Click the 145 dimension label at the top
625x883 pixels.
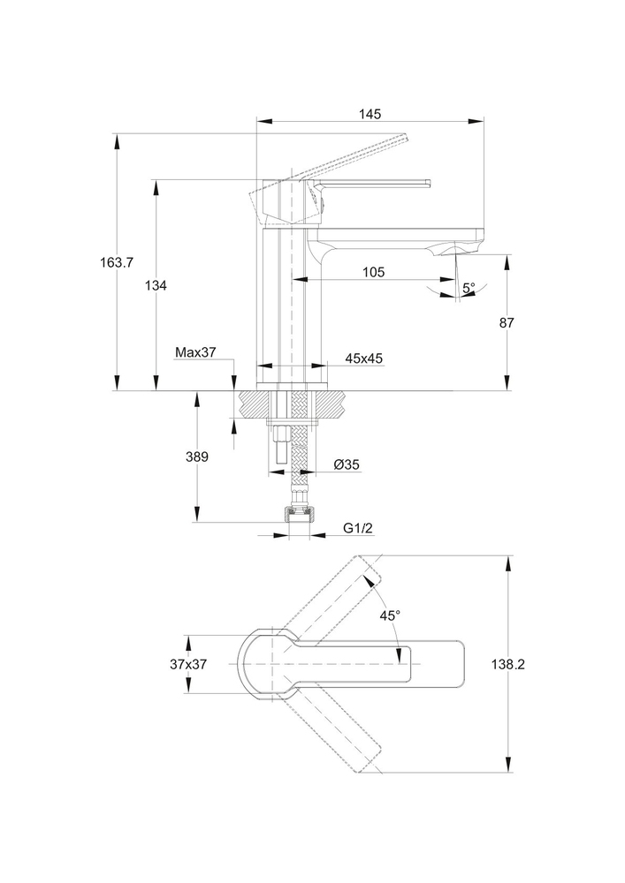[x=370, y=113]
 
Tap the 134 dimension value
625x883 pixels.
[x=156, y=285]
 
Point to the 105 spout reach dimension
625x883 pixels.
[x=373, y=273]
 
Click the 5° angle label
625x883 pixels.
[x=469, y=288]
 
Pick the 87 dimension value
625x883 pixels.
[x=507, y=323]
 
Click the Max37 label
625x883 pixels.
[x=195, y=352]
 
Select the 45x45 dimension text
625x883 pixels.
[x=363, y=358]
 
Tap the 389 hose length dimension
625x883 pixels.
[x=196, y=457]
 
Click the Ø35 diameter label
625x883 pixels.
[x=346, y=464]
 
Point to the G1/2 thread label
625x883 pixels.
[x=359, y=528]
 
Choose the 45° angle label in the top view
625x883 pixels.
[x=390, y=615]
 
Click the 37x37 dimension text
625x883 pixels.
[x=188, y=664]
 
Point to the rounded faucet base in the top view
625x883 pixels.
[x=256, y=663]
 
